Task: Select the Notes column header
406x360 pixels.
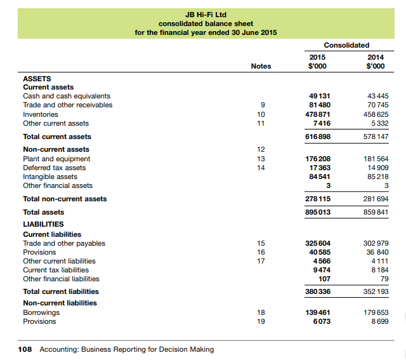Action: pos(261,66)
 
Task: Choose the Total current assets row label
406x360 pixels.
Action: pos(57,137)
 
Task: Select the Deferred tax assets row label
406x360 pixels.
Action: pos(54,168)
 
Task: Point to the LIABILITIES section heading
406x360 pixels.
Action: pos(43,224)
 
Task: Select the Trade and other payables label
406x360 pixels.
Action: pos(64,243)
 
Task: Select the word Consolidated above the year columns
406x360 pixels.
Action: pos(346,45)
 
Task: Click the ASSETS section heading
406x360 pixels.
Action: pos(37,78)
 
